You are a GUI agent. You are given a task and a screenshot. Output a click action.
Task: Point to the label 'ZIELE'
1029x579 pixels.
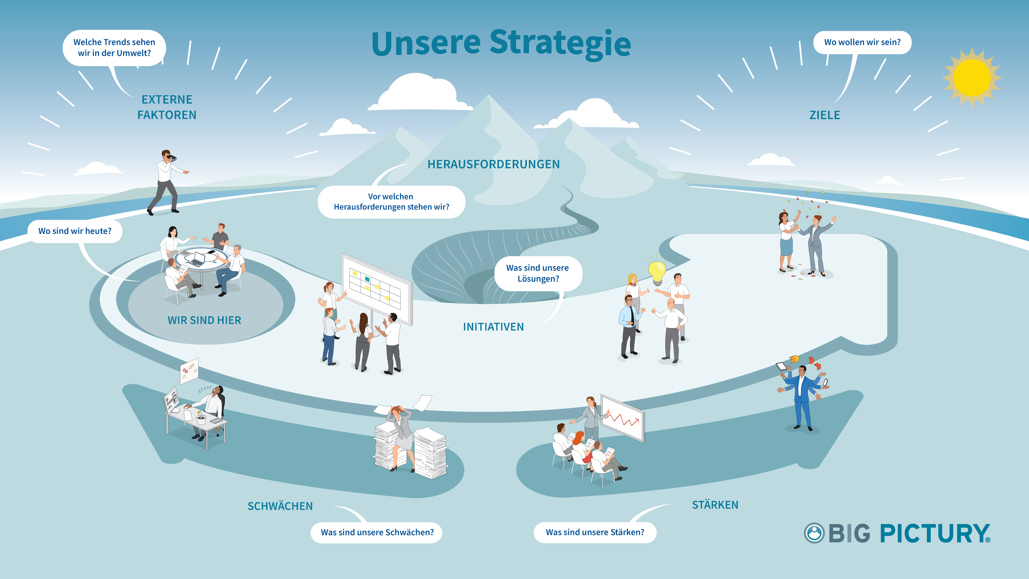(824, 115)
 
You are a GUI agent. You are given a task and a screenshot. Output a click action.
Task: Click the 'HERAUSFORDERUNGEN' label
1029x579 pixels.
(493, 164)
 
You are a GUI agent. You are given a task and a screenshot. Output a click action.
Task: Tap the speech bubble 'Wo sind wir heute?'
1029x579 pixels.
(75, 231)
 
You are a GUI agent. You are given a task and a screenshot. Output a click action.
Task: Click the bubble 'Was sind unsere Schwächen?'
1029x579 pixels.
(377, 532)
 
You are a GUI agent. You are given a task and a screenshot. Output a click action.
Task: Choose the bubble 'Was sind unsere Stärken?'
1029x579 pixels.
(595, 532)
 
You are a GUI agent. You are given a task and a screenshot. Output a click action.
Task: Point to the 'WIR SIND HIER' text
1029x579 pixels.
(204, 320)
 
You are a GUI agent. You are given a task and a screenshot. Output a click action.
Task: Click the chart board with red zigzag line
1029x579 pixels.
(622, 418)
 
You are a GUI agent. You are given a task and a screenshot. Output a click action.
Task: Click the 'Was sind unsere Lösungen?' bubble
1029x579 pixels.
(538, 273)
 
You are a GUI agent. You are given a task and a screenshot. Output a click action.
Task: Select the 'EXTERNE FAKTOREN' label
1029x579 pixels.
(167, 107)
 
